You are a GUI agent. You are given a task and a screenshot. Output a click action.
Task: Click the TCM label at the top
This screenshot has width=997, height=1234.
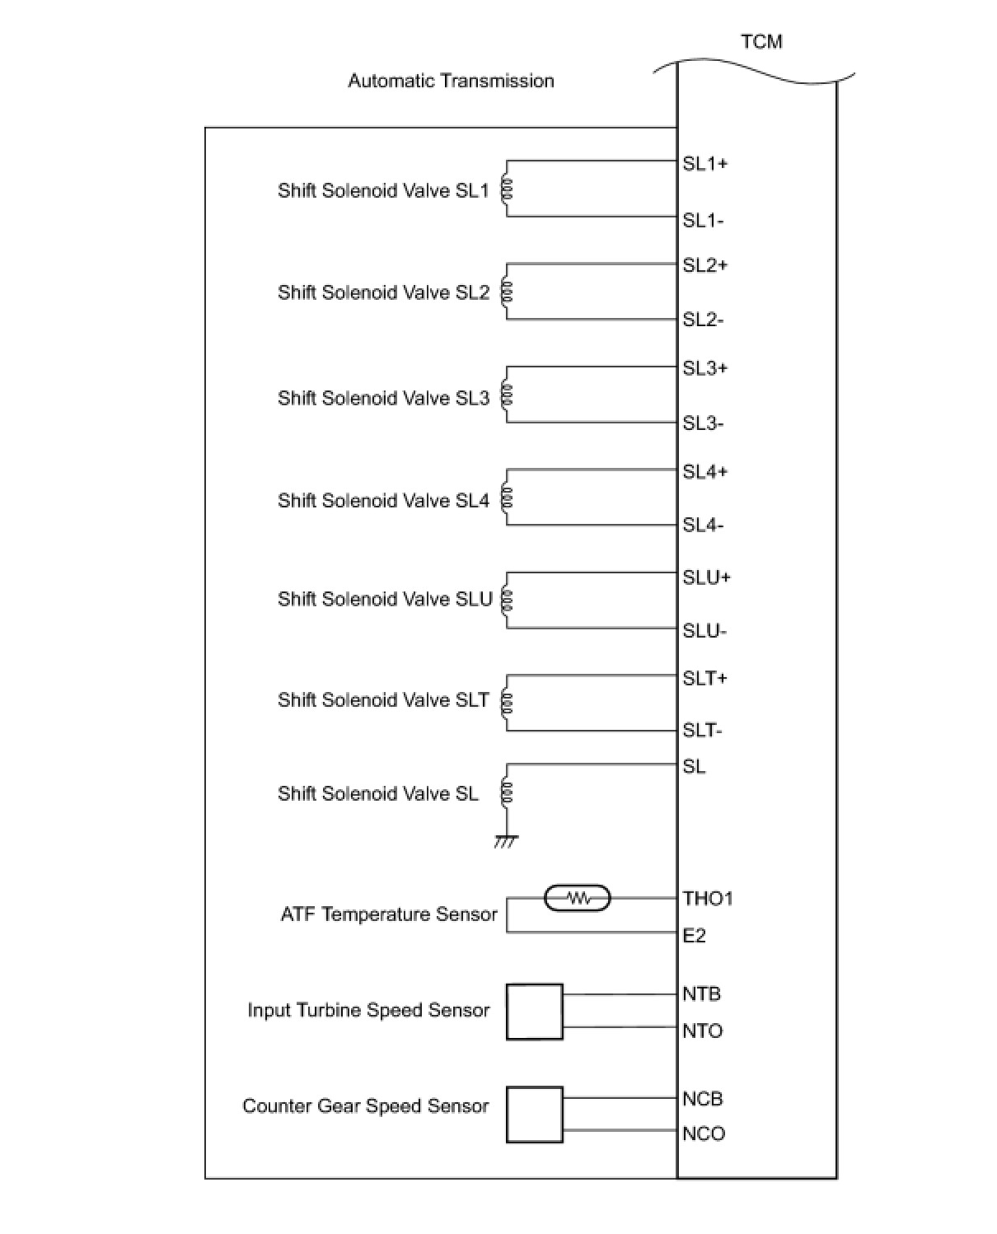coord(761,42)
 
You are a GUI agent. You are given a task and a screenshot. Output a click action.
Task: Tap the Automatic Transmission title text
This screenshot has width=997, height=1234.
coord(451,81)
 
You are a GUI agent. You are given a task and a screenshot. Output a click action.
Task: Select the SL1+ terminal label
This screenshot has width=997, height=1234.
coord(704,164)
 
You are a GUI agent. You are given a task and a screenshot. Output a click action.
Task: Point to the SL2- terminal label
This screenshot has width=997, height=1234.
coord(703,320)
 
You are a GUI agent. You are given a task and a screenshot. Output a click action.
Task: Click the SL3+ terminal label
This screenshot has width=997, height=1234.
coord(704,368)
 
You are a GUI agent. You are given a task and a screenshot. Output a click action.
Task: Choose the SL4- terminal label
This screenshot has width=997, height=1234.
coord(703,525)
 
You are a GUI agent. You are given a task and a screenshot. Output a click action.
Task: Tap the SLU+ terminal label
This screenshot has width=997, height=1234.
coord(706,577)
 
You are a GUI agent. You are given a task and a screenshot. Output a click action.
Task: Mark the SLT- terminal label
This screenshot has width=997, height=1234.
coord(702,730)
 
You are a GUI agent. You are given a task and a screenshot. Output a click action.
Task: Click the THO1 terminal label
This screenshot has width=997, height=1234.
coord(707,898)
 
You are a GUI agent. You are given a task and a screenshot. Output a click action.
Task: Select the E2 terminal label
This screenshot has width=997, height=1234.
coord(694,935)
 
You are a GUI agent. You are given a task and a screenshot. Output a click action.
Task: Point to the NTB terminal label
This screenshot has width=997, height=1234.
coord(701,993)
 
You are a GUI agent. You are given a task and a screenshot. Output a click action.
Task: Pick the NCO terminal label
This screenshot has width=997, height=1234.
coord(703,1134)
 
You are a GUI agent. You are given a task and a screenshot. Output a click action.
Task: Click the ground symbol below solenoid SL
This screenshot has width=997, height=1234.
coord(506,841)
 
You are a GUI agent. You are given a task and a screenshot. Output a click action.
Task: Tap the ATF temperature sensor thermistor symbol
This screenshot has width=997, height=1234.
coord(578,898)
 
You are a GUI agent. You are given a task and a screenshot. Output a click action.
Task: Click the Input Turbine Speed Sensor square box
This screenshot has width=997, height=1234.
coord(534,1012)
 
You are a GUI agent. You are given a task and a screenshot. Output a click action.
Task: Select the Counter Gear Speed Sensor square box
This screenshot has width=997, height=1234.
coord(534,1115)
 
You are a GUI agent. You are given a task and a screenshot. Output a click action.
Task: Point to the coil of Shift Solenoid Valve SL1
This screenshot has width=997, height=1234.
coord(508,190)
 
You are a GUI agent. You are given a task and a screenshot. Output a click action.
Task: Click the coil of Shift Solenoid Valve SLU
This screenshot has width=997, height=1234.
coord(508,600)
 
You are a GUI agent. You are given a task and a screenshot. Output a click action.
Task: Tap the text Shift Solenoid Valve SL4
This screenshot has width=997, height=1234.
coord(383,501)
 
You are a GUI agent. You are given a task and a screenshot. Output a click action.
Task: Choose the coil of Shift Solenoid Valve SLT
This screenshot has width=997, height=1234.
coord(508,702)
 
